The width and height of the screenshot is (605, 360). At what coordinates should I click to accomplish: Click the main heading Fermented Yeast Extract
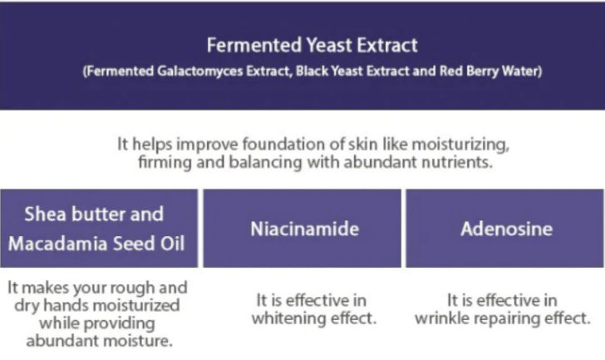tap(312, 45)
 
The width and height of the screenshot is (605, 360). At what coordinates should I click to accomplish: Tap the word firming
tap(165, 162)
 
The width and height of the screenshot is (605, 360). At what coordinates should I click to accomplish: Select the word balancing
tap(265, 162)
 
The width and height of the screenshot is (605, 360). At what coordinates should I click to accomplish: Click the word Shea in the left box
tap(45, 215)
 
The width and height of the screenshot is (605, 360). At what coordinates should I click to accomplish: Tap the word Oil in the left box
tap(173, 244)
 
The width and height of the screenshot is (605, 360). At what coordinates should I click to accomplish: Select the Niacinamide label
tap(305, 229)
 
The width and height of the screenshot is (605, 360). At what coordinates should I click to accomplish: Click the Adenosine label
tap(507, 229)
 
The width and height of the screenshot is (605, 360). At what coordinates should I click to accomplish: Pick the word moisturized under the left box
tap(131, 305)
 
